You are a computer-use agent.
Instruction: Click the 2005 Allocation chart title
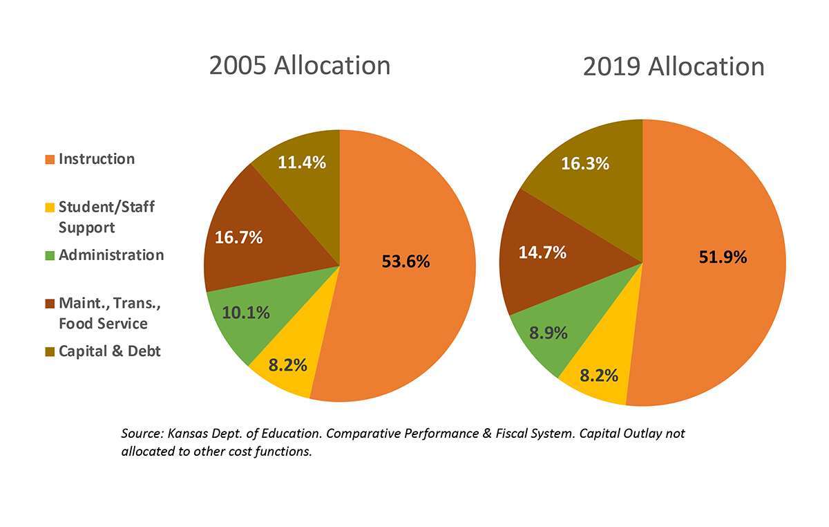(300, 66)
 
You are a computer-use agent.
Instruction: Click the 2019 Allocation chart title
(674, 67)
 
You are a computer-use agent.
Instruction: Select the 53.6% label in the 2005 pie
(406, 262)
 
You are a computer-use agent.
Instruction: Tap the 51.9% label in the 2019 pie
(723, 257)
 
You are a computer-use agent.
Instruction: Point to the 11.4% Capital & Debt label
(302, 163)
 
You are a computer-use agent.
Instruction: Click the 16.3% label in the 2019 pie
(584, 164)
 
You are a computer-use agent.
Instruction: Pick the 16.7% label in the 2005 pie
(238, 238)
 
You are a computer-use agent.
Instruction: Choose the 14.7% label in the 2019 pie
(542, 252)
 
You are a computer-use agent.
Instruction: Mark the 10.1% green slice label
(245, 313)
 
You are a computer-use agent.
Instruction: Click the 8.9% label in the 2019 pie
(549, 333)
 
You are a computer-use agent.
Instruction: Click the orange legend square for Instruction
(49, 160)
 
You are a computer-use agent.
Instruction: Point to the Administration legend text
(111, 255)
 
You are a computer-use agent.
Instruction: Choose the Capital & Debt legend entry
(109, 351)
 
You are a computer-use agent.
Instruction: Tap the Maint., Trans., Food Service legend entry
(102, 313)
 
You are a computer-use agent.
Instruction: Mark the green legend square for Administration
(49, 256)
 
